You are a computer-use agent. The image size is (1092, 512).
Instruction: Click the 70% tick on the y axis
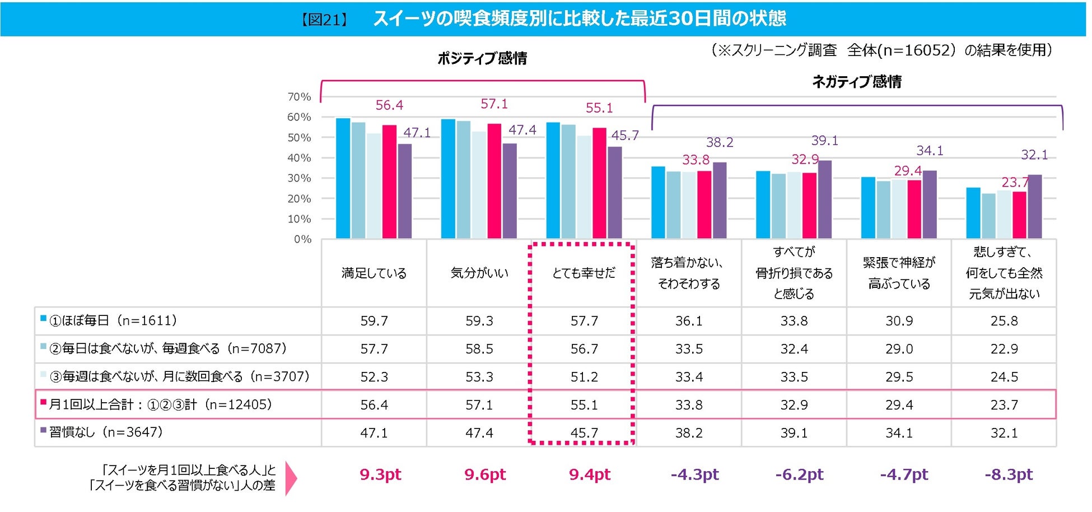(299, 97)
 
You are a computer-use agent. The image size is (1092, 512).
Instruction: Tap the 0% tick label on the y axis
(302, 239)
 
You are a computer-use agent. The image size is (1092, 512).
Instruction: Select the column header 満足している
(374, 273)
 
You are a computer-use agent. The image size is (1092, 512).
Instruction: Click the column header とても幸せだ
(584, 273)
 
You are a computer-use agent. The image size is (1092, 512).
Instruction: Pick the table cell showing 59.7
(374, 321)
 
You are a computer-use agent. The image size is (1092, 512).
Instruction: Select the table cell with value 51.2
(584, 377)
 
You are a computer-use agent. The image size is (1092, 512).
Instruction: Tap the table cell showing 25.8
(1004, 321)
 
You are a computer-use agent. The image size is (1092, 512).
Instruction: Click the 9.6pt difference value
(485, 474)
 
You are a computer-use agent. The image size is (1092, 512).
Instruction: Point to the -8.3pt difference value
(1009, 474)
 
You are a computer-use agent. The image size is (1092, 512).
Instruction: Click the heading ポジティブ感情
(482, 58)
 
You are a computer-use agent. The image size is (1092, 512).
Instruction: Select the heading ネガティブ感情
(857, 82)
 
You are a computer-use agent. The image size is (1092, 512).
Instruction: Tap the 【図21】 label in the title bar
(324, 20)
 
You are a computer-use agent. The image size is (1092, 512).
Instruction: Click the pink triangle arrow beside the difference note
(291, 478)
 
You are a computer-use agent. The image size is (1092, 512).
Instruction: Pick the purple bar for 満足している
(404, 191)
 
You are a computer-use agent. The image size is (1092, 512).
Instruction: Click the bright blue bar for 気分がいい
(448, 179)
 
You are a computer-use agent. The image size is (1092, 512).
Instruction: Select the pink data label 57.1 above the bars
(494, 104)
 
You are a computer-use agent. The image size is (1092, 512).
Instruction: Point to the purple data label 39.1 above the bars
(825, 141)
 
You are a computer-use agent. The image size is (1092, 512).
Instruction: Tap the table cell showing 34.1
(899, 433)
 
